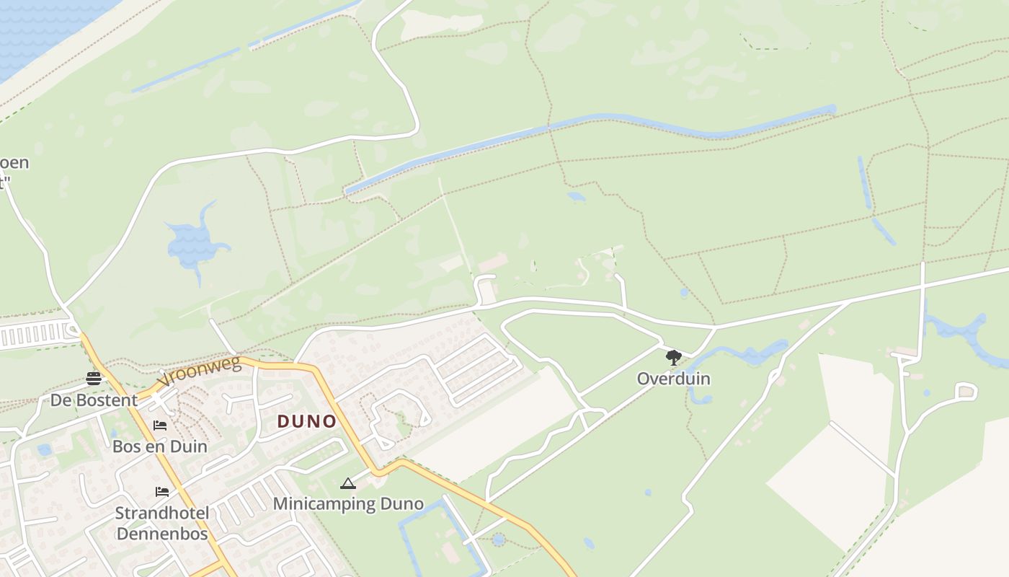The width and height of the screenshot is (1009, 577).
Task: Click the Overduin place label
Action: [x=673, y=379]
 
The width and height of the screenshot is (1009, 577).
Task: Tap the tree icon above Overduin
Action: [x=673, y=357]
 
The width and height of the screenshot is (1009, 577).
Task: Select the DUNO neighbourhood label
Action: [x=307, y=421]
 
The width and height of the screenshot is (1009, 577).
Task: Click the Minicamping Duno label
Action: [x=348, y=503]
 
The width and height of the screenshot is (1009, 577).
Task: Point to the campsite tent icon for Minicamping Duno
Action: [x=348, y=483]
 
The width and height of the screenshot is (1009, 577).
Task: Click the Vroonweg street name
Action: [x=200, y=369]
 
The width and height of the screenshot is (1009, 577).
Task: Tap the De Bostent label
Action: [x=94, y=400]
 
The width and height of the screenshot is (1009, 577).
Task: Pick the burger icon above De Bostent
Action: [x=94, y=378]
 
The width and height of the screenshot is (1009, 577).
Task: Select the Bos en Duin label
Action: [x=159, y=446]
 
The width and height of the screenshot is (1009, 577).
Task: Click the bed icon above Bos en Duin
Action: [x=160, y=425]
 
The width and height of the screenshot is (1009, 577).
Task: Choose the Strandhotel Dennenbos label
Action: [x=162, y=523]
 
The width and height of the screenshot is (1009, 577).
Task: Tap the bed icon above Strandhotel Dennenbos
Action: [x=162, y=492]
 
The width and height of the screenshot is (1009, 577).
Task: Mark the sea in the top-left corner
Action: [x=36, y=29]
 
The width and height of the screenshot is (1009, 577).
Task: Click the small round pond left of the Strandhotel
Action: [x=45, y=450]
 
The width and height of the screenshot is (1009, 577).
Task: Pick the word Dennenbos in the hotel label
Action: [x=162, y=534]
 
